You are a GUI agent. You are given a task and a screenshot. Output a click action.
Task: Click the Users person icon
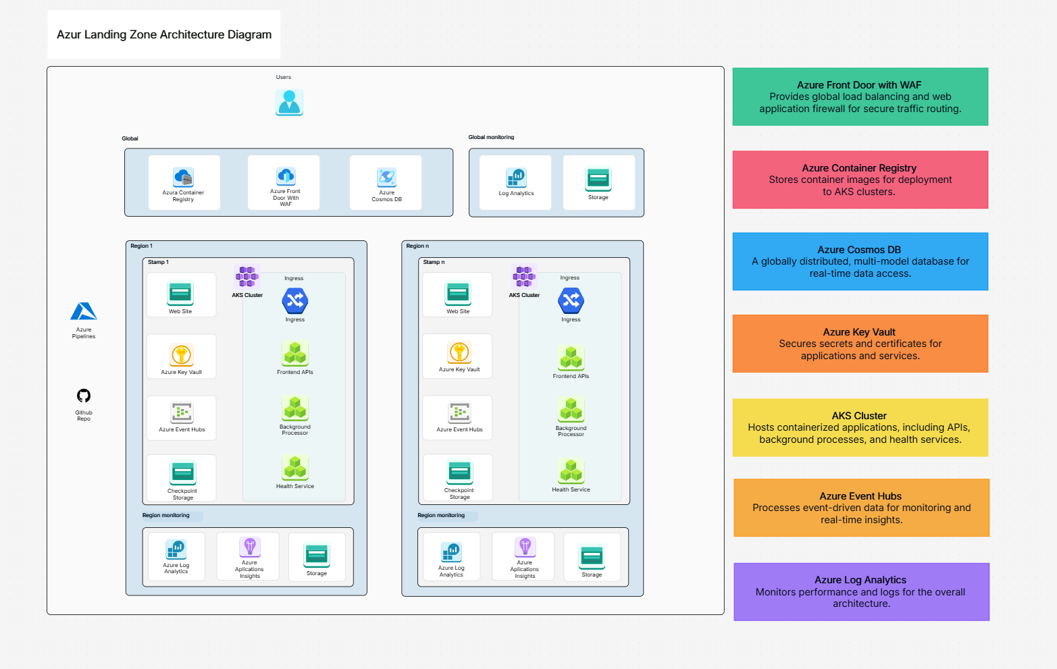point(289,103)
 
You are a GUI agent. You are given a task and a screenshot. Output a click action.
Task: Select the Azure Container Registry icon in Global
point(183,178)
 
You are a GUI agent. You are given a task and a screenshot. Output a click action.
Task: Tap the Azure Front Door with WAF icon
point(286,176)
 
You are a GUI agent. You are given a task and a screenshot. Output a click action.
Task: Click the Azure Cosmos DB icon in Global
point(386,178)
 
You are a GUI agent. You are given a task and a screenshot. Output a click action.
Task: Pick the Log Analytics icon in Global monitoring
point(516,178)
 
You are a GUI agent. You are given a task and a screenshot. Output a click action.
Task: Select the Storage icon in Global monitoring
point(598,179)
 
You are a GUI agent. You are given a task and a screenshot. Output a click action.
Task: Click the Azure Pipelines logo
point(84,312)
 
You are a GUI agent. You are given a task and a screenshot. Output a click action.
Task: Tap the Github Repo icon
point(84,396)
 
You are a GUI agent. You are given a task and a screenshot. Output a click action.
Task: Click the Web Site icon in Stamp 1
point(180,293)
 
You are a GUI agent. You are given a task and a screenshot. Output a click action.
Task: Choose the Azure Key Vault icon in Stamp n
point(459,352)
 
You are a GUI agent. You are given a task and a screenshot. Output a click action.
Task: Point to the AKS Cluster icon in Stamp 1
point(247,276)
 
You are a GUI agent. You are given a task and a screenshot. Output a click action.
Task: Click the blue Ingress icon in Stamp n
point(571,301)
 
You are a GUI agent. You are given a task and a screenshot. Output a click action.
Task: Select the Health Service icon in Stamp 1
point(295,468)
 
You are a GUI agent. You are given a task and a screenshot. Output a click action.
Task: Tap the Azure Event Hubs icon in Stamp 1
point(182,412)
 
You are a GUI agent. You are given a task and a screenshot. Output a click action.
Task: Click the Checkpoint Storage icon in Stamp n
point(459,471)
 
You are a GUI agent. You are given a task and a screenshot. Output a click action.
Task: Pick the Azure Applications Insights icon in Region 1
point(250,547)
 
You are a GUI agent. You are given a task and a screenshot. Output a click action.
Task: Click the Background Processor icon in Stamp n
point(571,410)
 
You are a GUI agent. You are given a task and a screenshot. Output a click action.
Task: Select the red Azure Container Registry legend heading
point(859,168)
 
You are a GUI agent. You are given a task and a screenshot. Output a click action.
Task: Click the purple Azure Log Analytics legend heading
point(860,580)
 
